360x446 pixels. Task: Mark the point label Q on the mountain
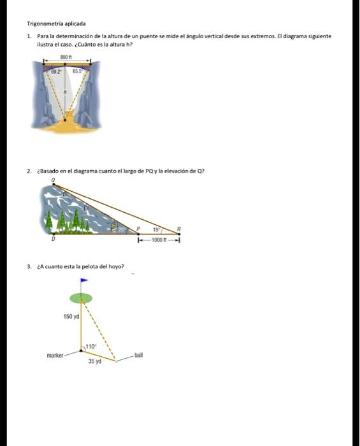pos(54,181)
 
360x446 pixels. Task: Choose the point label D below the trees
pos(54,241)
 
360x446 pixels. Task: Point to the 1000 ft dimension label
pos(159,241)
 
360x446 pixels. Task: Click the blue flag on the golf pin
pos(84,281)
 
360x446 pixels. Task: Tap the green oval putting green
pos(81,298)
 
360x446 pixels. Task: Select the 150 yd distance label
pos(71,317)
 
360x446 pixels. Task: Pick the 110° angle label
pos(91,346)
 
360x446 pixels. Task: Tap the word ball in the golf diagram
pos(138,354)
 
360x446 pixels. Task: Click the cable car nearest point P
pos(115,226)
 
